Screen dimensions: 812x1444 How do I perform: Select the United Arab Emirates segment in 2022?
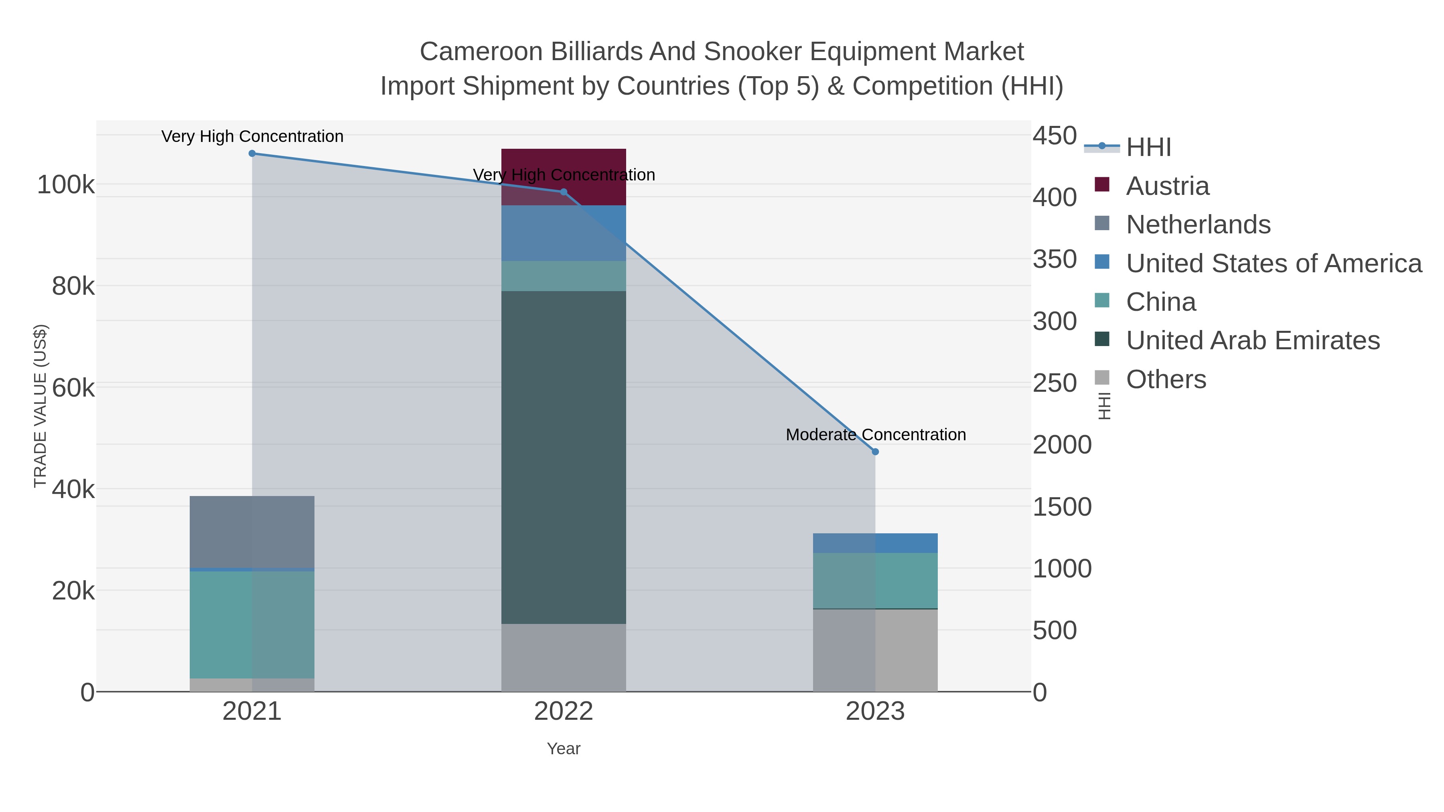[x=564, y=457]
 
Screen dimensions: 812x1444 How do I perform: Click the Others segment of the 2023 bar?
[x=875, y=650]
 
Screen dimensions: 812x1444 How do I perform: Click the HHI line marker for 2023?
[x=875, y=452]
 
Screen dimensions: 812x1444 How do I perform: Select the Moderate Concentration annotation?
[x=876, y=435]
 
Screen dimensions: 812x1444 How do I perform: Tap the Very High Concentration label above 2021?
[x=252, y=137]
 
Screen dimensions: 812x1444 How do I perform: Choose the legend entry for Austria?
[x=1167, y=186]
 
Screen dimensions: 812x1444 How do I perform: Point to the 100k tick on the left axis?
[x=66, y=185]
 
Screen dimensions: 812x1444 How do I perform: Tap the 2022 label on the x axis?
[x=564, y=712]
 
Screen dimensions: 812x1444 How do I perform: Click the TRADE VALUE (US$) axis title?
[x=41, y=406]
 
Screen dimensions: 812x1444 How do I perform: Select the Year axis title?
[x=564, y=749]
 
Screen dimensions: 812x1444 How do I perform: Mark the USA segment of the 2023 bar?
[x=875, y=543]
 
